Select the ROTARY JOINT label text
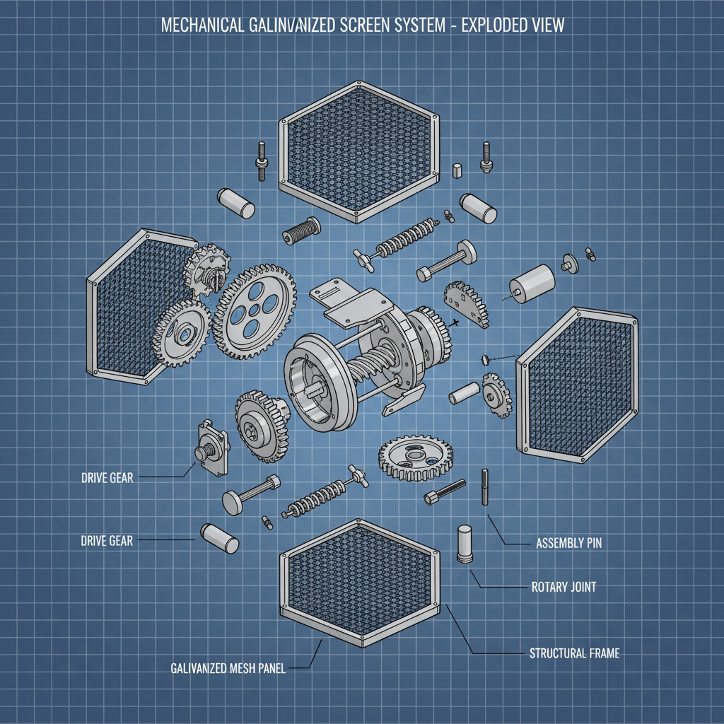tap(564, 586)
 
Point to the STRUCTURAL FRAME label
tap(574, 653)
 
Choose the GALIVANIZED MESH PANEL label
tap(228, 668)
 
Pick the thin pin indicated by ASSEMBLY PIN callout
tap(485, 487)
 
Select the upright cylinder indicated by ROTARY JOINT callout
tap(465, 544)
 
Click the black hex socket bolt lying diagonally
tap(445, 491)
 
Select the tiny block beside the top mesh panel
tap(457, 169)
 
